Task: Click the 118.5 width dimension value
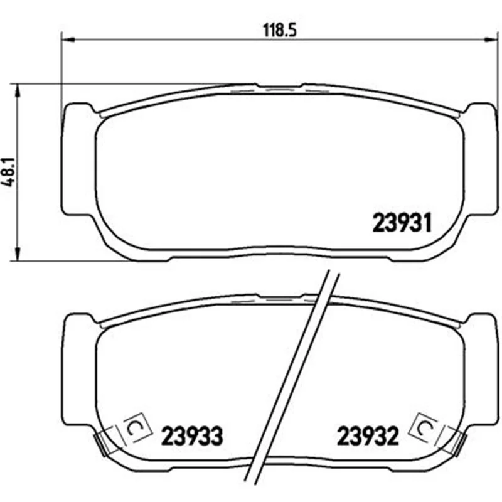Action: [280, 30]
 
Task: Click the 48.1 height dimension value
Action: [8, 172]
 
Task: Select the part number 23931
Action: [402, 223]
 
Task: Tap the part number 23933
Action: [192, 436]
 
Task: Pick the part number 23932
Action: [368, 436]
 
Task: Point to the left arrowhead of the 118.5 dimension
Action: [67, 40]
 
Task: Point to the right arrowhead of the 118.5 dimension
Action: [491, 40]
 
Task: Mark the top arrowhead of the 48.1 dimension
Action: [18, 91]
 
